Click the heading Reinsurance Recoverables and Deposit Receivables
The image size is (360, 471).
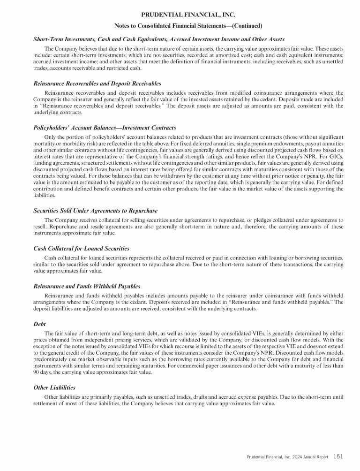(97, 84)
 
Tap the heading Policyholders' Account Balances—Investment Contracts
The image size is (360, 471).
(105, 128)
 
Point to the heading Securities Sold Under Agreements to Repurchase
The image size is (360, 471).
(96, 211)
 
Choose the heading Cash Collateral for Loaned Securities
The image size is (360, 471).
(82, 248)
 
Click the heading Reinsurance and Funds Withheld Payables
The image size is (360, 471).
(87, 286)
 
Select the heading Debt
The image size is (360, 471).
(40, 323)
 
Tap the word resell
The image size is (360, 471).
(41, 227)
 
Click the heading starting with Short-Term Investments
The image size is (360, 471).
(159, 39)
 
